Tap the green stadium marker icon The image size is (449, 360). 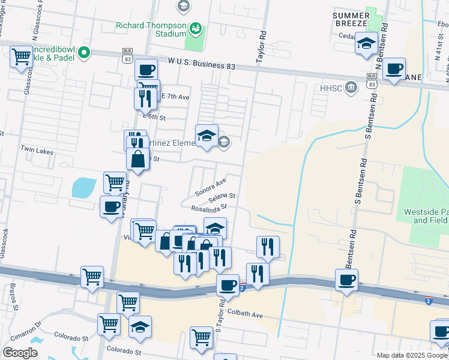click(196, 28)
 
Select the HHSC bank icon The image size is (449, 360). click(352, 88)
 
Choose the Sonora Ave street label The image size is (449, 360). click(210, 187)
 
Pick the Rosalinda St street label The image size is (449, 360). click(208, 208)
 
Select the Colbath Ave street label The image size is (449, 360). click(244, 314)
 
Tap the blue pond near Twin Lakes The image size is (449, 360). click(83, 188)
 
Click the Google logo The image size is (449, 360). click(20, 353)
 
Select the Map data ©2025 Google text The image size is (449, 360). click(411, 355)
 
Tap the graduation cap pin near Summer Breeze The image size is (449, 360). click(366, 43)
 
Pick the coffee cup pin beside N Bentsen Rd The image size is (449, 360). click(393, 69)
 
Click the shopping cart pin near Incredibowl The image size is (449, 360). click(22, 57)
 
